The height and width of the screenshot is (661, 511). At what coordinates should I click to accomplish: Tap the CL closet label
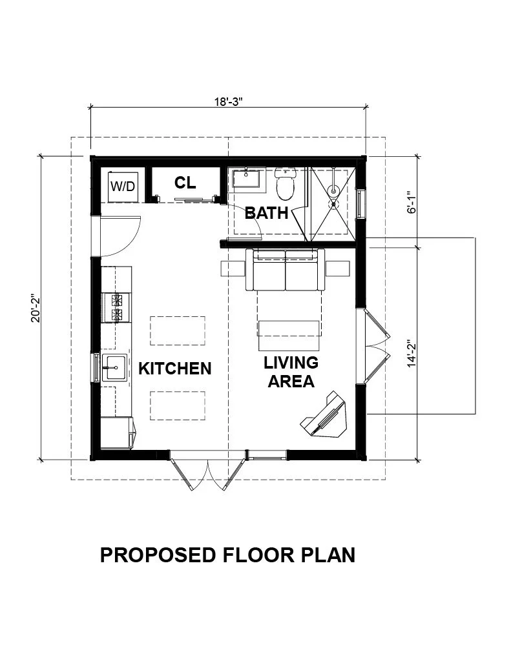click(185, 183)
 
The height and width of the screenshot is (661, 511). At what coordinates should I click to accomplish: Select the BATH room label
click(266, 212)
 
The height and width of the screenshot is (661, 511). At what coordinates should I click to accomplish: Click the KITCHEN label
click(174, 369)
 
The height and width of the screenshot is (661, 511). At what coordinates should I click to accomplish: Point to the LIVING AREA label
click(291, 372)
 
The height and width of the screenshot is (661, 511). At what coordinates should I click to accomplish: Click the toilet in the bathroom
click(285, 183)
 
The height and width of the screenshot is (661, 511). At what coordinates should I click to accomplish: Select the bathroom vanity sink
click(247, 179)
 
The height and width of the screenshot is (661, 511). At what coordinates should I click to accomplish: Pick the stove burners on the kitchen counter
click(117, 307)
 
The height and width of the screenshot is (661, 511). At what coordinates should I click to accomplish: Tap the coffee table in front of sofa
click(289, 329)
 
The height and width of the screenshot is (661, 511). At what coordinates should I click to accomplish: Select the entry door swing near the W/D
click(122, 234)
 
